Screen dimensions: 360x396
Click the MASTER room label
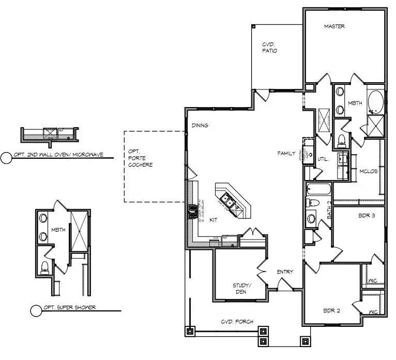334,26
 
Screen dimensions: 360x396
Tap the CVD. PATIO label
269,48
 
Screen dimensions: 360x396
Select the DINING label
200,125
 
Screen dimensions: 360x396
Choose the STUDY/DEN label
241,288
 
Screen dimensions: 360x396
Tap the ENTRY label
285,272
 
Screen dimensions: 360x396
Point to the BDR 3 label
365,216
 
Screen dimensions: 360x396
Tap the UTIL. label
324,159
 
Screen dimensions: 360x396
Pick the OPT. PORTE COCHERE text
140,158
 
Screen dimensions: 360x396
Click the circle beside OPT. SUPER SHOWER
36,310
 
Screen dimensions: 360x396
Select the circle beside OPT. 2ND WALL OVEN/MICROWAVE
6,158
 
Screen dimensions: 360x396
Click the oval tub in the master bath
375,102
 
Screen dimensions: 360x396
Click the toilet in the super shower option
44,267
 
